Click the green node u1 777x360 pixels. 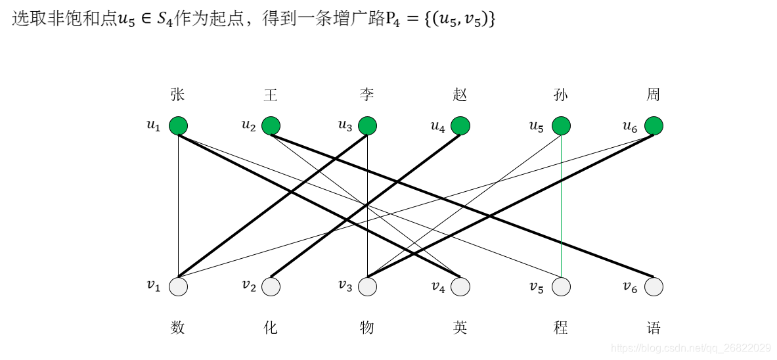coord(178,125)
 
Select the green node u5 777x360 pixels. coord(561,125)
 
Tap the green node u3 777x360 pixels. coord(367,125)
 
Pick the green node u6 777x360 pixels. coord(654,125)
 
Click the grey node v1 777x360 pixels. coord(178,287)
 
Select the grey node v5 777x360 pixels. coord(561,287)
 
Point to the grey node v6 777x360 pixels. coord(654,287)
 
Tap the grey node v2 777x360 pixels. coord(271,287)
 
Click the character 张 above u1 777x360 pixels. coord(177,95)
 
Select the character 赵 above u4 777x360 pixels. coord(460,95)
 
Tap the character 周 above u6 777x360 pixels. coord(653,95)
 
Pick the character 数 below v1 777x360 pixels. coord(177,327)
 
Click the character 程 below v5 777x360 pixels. coord(561,327)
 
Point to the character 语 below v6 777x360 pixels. coord(653,327)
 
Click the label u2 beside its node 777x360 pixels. coord(248,125)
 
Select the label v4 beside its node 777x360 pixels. coord(439,286)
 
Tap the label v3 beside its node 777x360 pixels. coord(345,285)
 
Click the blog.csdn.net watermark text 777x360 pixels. coord(690,348)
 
